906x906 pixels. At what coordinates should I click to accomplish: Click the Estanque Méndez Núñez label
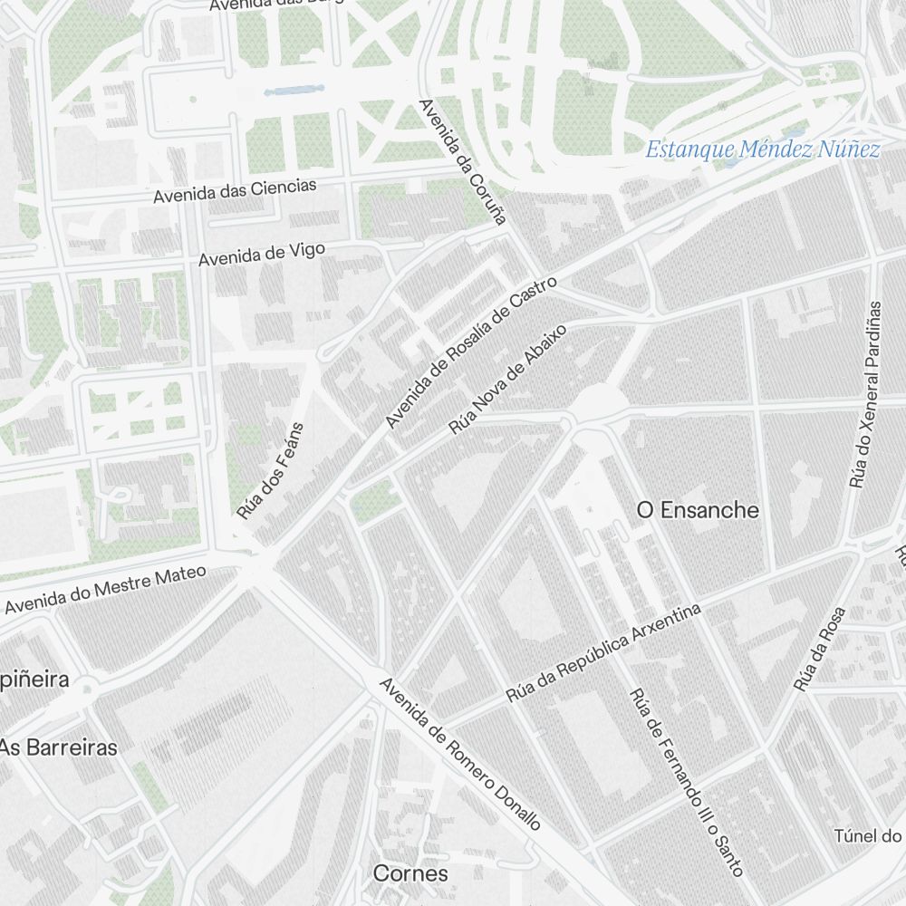(x=762, y=149)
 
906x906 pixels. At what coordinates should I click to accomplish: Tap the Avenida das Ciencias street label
(x=235, y=190)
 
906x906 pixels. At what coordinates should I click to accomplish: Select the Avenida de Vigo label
(x=261, y=255)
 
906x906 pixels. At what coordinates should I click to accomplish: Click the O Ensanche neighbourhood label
(x=698, y=510)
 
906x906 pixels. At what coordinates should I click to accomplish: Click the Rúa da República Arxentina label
(x=603, y=654)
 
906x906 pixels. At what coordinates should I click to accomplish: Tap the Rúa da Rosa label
(x=819, y=649)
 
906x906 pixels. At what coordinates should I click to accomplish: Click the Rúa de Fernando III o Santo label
(x=686, y=782)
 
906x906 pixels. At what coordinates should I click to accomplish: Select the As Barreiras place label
(x=59, y=747)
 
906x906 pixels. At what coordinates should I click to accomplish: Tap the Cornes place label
(x=410, y=873)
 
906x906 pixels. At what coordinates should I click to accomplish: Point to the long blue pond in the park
(x=294, y=91)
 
